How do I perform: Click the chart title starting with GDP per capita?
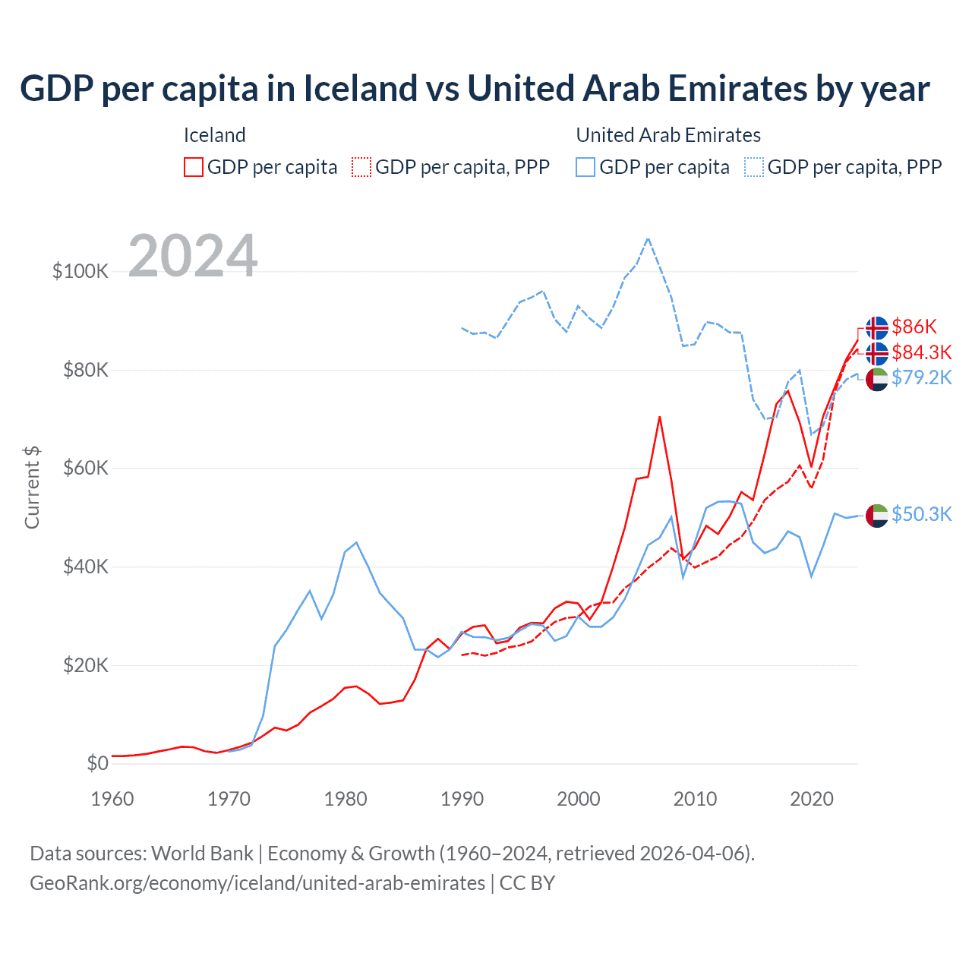tap(475, 89)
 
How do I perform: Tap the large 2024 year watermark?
tap(193, 256)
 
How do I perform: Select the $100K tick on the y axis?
tap(80, 271)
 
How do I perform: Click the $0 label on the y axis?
tap(97, 763)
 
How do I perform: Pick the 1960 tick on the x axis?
tap(112, 799)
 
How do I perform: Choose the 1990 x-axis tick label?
tap(462, 799)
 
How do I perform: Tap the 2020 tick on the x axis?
tap(812, 799)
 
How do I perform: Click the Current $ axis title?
tap(32, 488)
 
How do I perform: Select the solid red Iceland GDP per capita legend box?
tap(194, 167)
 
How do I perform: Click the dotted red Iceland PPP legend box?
tap(361, 167)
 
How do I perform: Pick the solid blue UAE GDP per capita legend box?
tap(585, 167)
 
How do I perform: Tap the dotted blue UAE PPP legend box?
tap(754, 167)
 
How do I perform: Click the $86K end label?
tap(914, 327)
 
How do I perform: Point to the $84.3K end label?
tap(921, 352)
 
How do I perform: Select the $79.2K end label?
tap(921, 377)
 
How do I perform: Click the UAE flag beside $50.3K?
tap(877, 515)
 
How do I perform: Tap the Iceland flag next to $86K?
tap(877, 327)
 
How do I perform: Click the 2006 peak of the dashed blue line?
tap(648, 238)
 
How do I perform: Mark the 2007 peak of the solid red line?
tap(659, 416)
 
